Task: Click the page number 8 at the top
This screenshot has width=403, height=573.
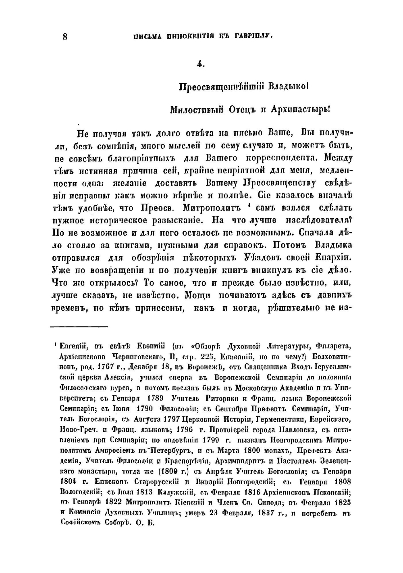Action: point(65,37)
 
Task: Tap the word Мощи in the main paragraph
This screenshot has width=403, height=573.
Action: point(197,295)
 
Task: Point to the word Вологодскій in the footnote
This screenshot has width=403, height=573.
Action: point(77,492)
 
